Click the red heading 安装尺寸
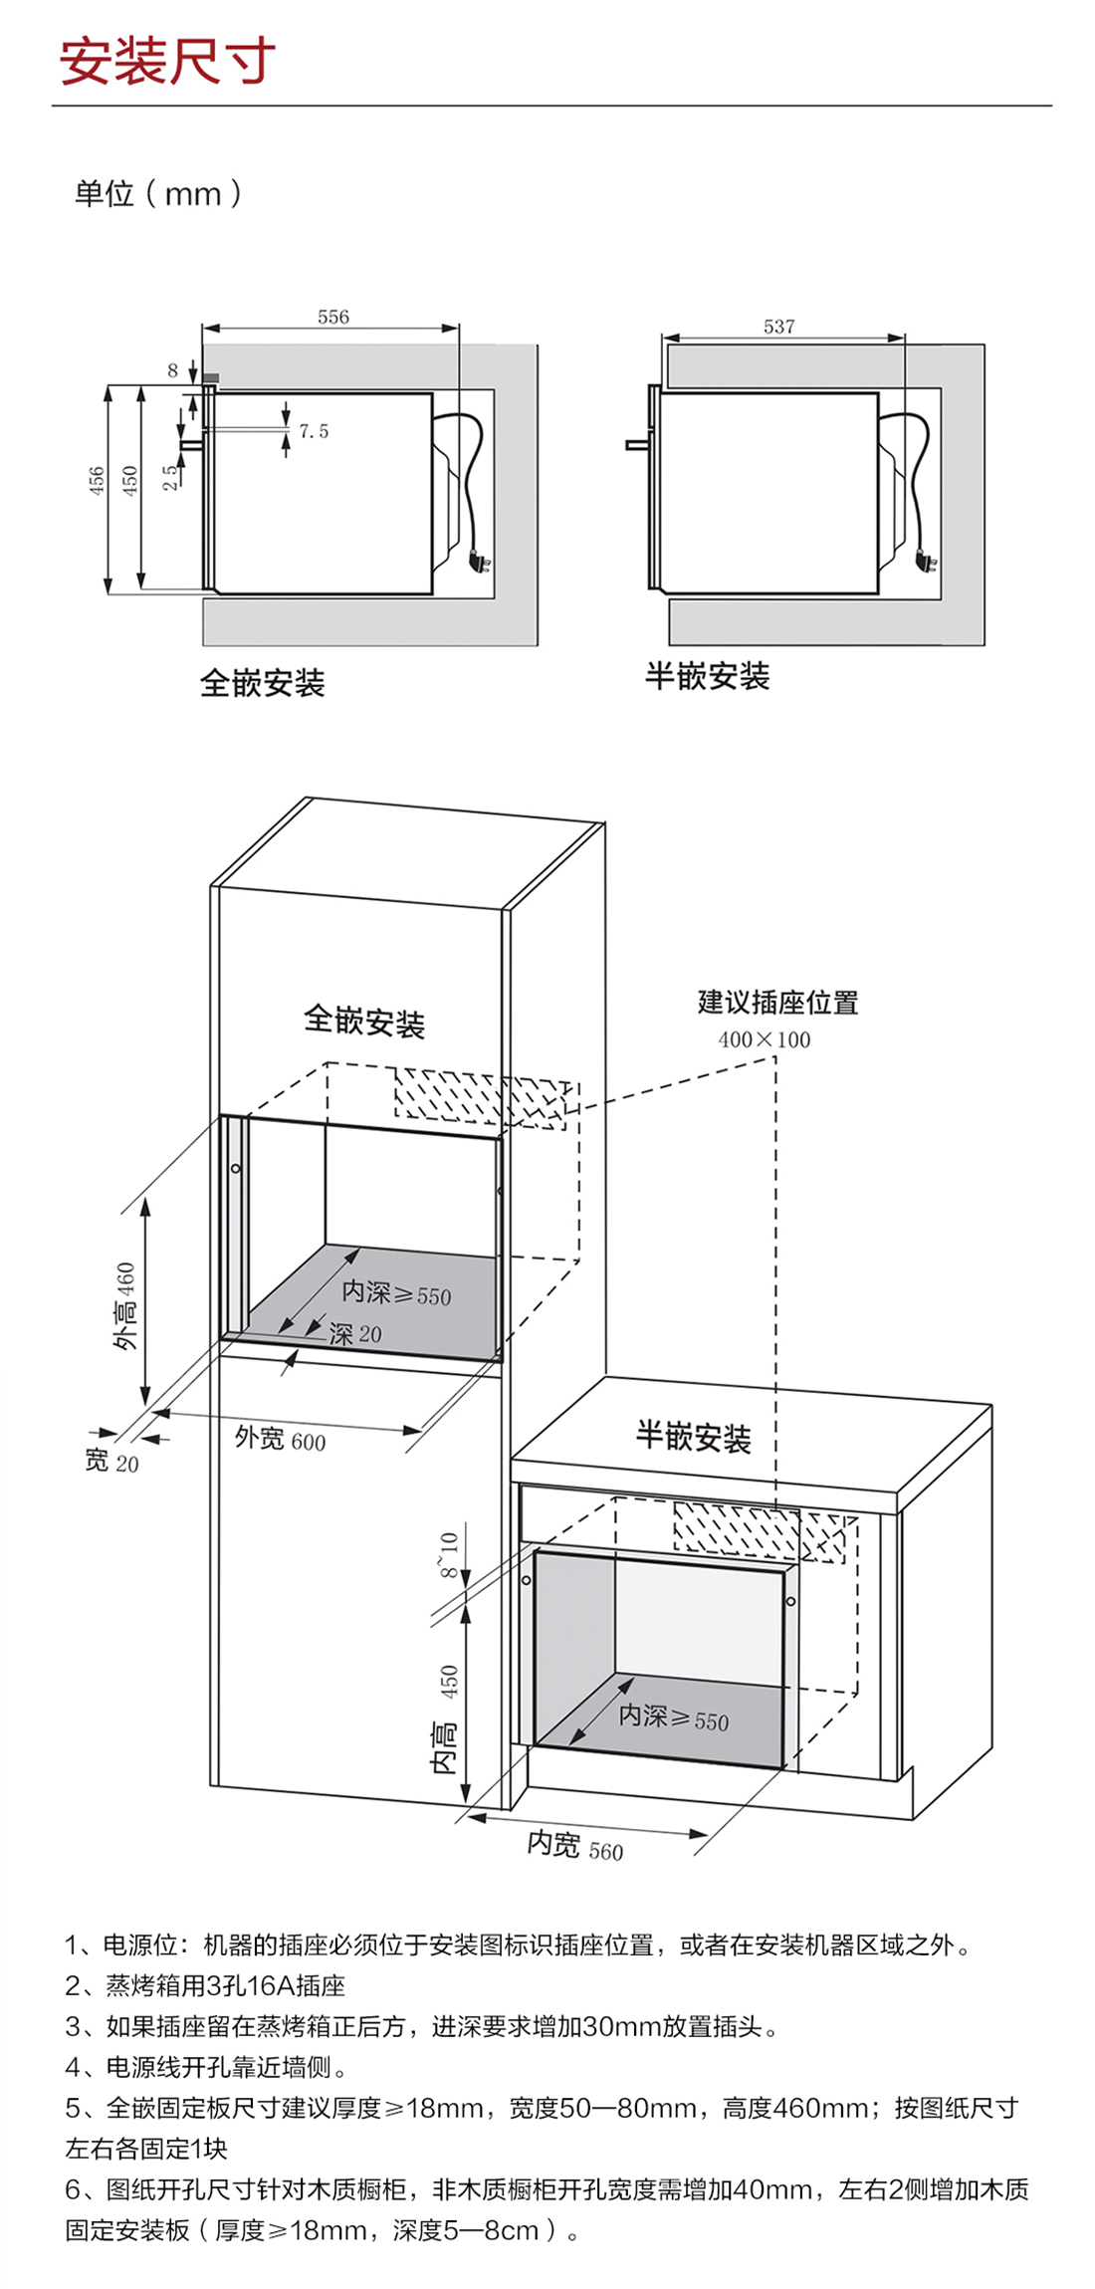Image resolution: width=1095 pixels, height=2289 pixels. coord(167,62)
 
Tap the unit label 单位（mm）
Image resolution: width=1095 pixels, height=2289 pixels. coord(158,193)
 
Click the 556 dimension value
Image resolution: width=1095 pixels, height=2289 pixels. coord(333,317)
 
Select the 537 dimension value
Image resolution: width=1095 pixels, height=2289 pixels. coord(779,327)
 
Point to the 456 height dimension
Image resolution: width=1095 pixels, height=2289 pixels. coord(97,480)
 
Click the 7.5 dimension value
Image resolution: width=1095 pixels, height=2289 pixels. coord(314,431)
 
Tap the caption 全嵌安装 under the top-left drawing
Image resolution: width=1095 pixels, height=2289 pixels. coord(263,683)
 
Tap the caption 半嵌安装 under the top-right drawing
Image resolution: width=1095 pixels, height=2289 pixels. coord(707,677)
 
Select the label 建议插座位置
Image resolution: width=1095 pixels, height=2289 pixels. coord(777,1003)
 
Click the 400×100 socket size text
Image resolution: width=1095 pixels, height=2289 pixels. coord(765,1039)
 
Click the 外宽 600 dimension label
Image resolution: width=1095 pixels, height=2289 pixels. coord(280,1439)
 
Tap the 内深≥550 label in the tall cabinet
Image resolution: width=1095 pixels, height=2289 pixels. coord(396,1293)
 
